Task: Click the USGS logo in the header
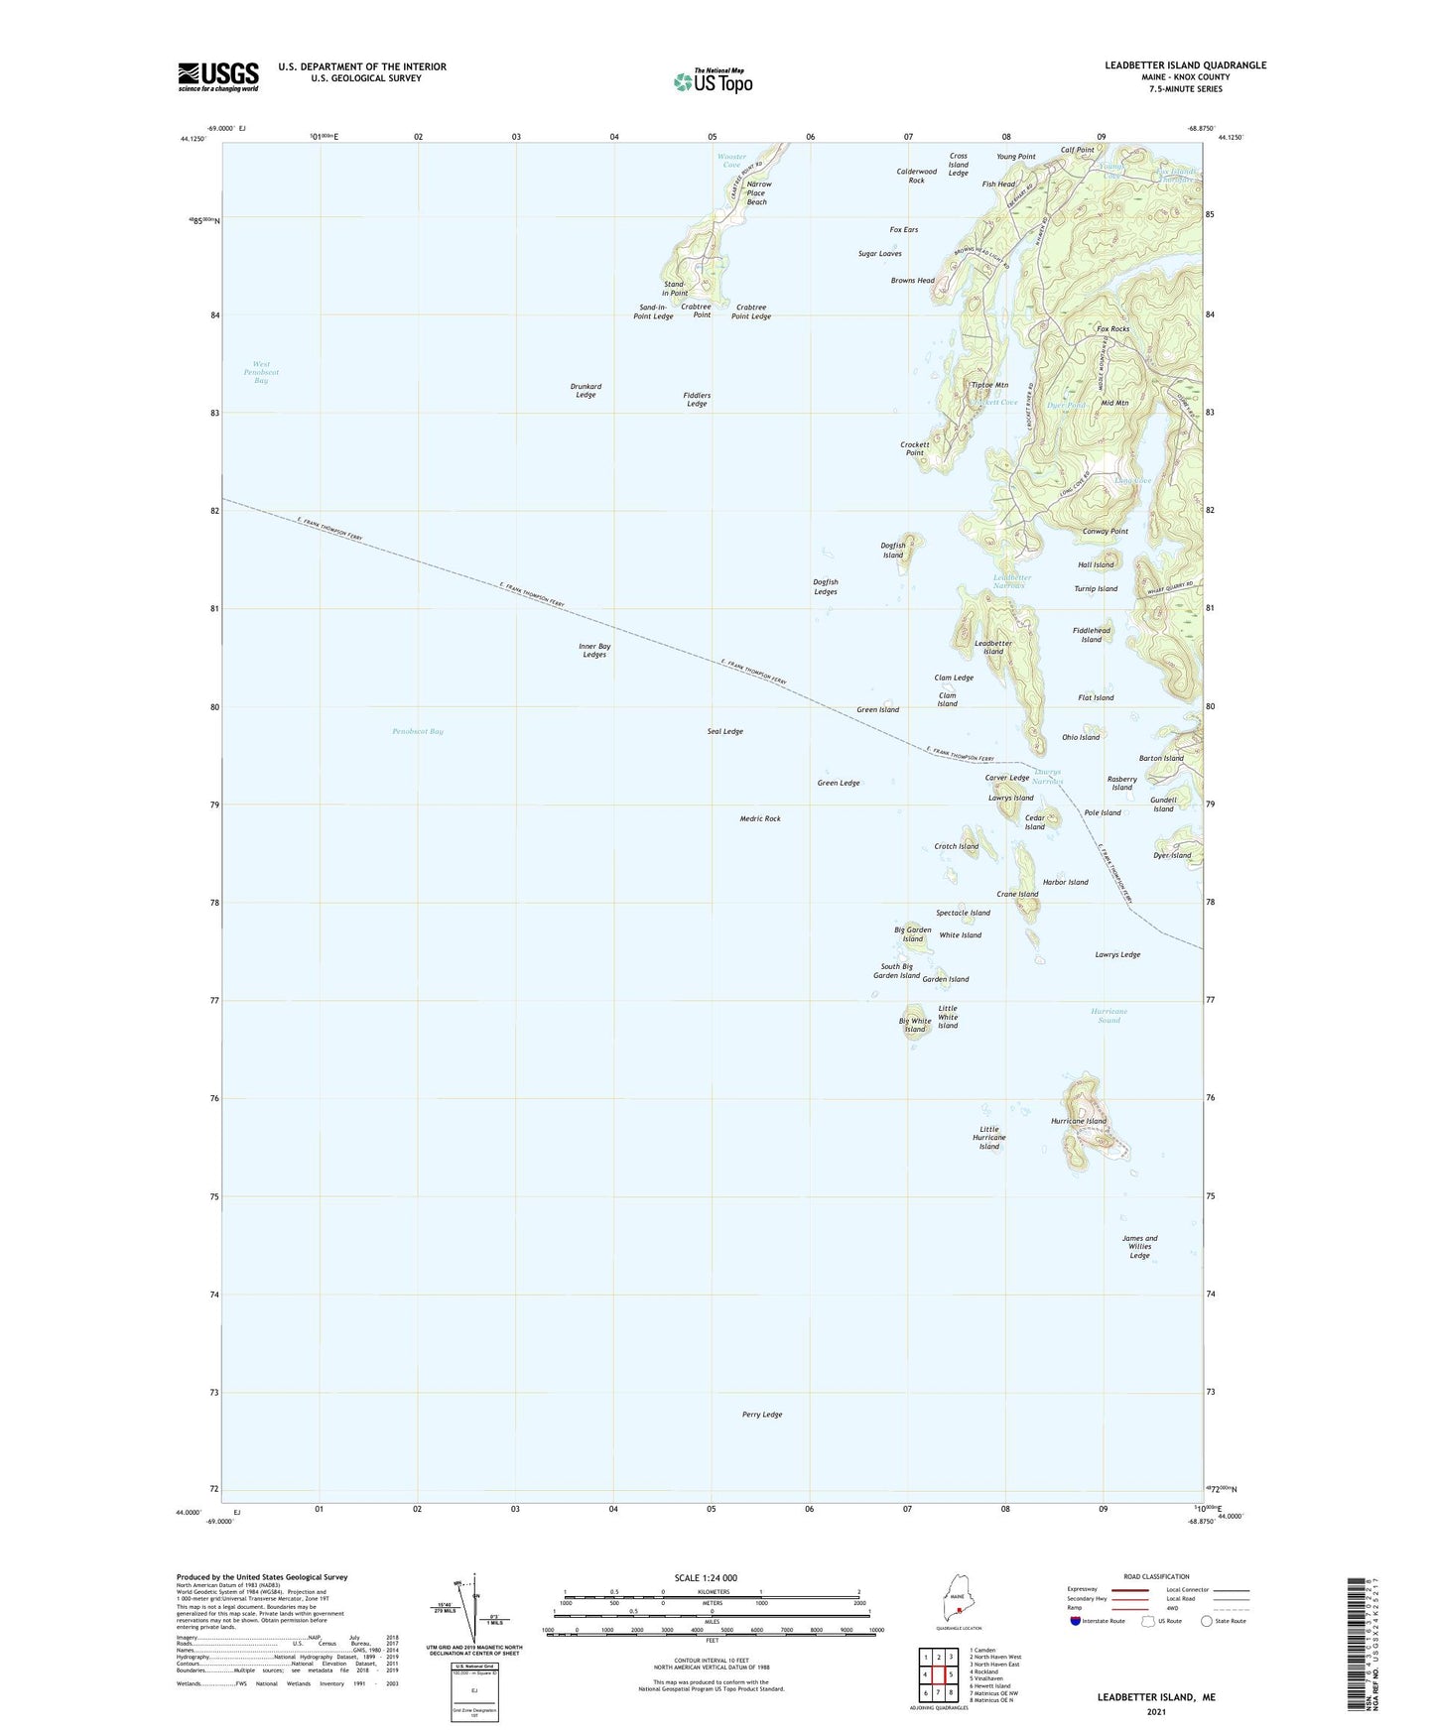(x=218, y=76)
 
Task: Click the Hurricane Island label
(x=1078, y=1121)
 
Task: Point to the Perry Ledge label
(x=761, y=1415)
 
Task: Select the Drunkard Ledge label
(x=586, y=391)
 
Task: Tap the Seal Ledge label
(x=724, y=731)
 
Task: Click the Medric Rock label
(x=760, y=818)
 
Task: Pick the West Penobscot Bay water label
(x=261, y=372)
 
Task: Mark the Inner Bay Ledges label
(x=594, y=650)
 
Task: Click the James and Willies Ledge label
(x=1139, y=1247)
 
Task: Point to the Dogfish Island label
(x=893, y=550)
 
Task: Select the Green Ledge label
(x=838, y=783)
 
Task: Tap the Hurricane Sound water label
(x=1108, y=1016)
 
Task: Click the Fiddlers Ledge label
(x=697, y=400)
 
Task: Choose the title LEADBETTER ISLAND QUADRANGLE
(x=1185, y=65)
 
